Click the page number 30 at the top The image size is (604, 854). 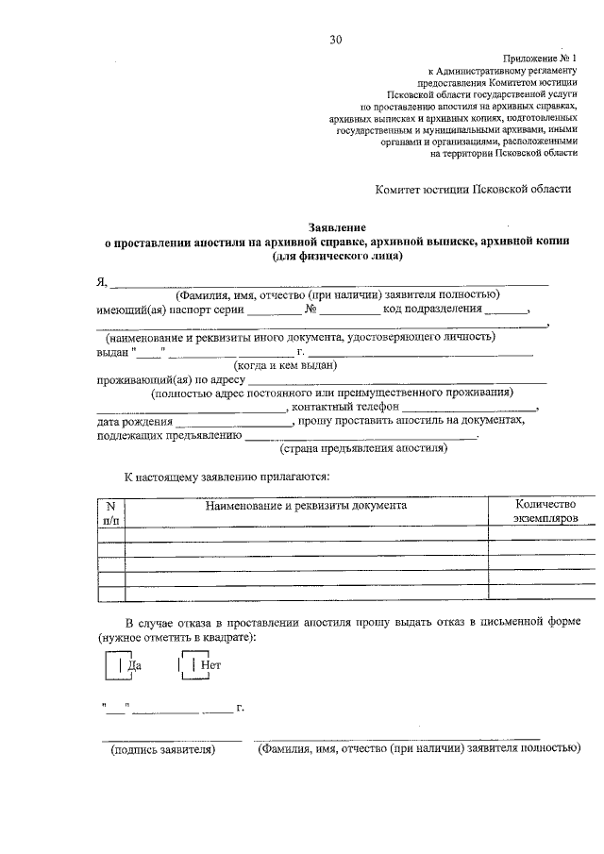click(336, 39)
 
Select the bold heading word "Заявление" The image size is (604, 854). click(337, 227)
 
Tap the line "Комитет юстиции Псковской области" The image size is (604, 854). click(473, 189)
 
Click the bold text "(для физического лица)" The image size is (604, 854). click(337, 256)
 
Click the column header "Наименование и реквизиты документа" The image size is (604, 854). click(306, 506)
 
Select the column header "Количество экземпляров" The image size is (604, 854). click(545, 512)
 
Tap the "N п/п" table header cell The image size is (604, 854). click(110, 512)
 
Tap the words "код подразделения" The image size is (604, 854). click(433, 309)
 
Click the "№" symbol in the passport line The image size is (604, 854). click(310, 309)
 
